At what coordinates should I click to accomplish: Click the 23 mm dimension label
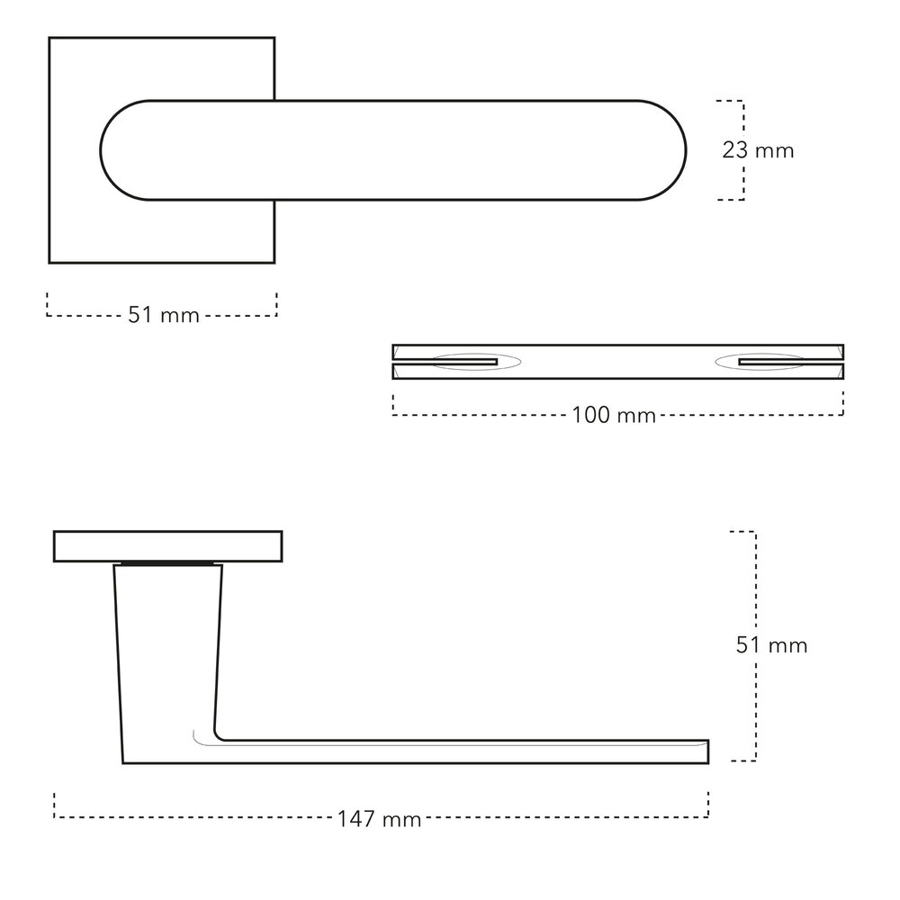[758, 150]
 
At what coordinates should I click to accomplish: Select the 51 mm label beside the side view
[770, 645]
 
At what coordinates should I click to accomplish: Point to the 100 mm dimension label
[613, 415]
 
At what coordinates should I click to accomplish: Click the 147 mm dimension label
[379, 819]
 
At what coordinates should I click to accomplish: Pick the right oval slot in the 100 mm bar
[760, 362]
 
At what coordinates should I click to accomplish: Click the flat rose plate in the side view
[168, 546]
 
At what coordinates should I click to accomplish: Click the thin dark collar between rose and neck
[168, 564]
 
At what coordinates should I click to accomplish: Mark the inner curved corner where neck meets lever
[219, 733]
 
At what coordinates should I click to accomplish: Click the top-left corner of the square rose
[49, 39]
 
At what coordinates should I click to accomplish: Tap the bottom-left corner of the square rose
[49, 262]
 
